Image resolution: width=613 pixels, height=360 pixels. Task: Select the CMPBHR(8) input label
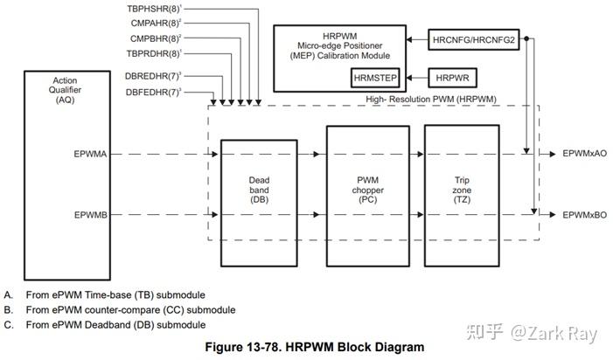pyautogui.click(x=155, y=39)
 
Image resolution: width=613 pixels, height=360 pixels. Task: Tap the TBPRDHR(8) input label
pyautogui.click(x=154, y=55)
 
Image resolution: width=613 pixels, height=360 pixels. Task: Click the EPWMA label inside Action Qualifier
pyautogui.click(x=91, y=154)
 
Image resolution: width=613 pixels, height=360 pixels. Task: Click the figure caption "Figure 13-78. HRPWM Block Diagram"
pyautogui.click(x=314, y=346)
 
